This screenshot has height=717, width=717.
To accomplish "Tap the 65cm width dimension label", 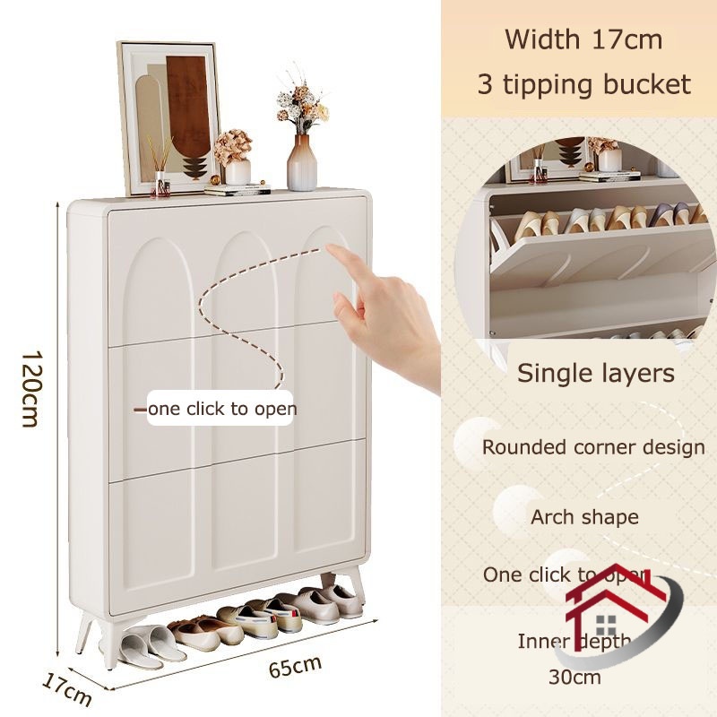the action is (295, 667).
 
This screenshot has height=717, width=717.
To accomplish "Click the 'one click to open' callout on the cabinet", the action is (222, 409).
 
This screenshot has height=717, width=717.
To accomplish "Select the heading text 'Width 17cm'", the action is (583, 39).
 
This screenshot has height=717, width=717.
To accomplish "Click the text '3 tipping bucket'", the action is (583, 84).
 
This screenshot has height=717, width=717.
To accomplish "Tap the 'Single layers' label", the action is (595, 373).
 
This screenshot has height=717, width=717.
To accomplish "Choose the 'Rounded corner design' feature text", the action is (593, 446).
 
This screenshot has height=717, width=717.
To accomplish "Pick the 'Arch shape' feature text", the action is (583, 517).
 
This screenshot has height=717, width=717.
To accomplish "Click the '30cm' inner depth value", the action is (574, 676).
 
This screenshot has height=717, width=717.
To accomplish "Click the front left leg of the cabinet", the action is (110, 641).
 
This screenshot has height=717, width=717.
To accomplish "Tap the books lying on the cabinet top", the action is (237, 189).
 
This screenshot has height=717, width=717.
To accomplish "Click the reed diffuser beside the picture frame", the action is (161, 170).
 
